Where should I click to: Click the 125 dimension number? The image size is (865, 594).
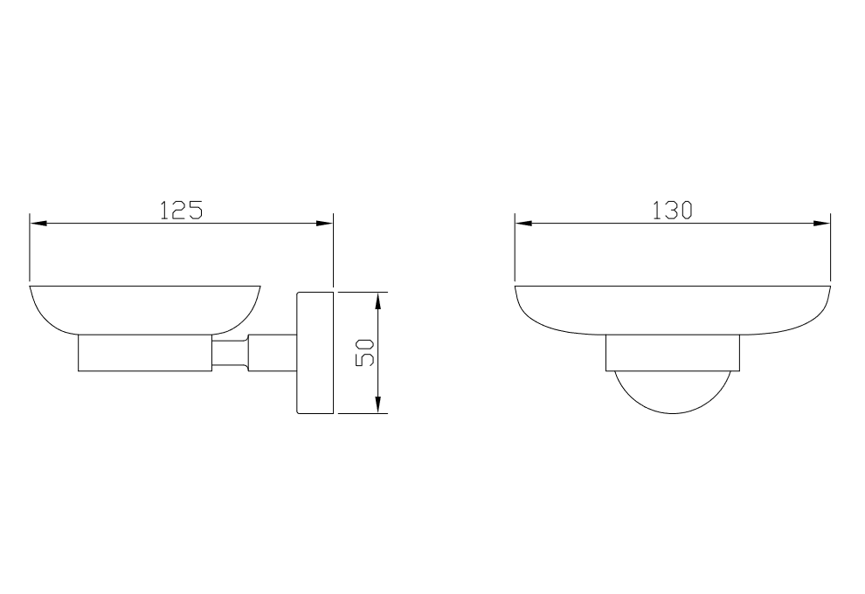click(x=182, y=211)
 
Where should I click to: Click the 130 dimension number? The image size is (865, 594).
click(x=673, y=211)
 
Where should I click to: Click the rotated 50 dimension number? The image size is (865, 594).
click(x=365, y=352)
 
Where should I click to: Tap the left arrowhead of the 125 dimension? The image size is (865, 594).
click(x=38, y=224)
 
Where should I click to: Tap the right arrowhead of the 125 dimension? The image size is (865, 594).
click(x=324, y=224)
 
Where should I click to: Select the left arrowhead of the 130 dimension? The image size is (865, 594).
click(x=523, y=224)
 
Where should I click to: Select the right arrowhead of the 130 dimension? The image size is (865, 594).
click(x=821, y=224)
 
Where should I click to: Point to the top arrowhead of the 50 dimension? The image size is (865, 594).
click(x=377, y=300)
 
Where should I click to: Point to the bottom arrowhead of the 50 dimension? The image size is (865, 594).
click(x=377, y=404)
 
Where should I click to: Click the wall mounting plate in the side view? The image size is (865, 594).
click(x=315, y=352)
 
